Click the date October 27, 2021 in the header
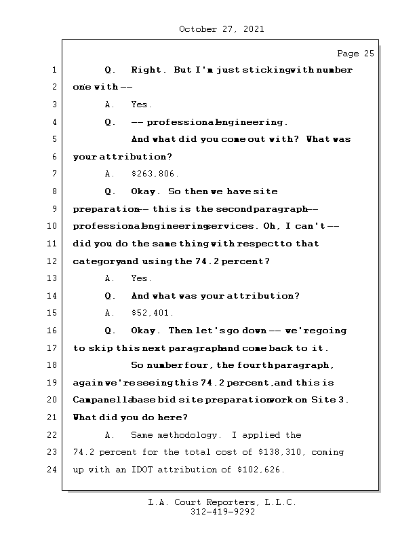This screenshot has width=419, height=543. pos(221,29)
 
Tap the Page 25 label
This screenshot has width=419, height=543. pos(355,54)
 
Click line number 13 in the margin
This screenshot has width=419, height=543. pos(53,278)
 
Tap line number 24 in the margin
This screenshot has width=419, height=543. pos(53,470)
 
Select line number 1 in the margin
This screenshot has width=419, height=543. pos(53,70)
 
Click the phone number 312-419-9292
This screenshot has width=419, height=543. pos(222,512)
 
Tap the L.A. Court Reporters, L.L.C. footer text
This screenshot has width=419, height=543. pos(222,503)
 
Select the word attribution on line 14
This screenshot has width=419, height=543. pos(265,296)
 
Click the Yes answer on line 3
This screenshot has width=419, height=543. pos(141,105)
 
